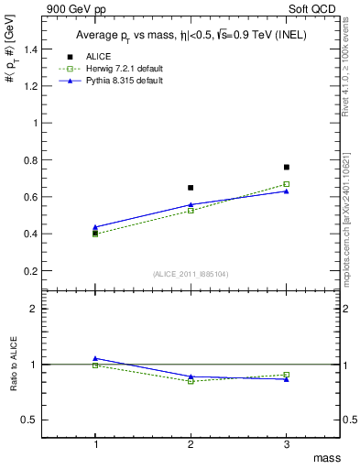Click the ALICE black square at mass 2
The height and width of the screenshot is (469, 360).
tap(191, 188)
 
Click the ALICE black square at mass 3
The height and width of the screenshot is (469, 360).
tap(287, 167)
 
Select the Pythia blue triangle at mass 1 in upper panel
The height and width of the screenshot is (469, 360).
tap(95, 226)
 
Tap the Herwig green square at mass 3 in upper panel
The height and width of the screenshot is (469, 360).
tap(287, 184)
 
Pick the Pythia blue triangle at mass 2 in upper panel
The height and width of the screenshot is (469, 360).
tap(191, 204)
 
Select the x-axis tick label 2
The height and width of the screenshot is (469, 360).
tap(191, 442)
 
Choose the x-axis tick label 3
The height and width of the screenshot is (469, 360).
tap(287, 442)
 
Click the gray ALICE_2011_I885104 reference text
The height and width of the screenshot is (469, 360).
tap(191, 274)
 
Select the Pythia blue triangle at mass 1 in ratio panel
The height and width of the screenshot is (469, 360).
tap(95, 358)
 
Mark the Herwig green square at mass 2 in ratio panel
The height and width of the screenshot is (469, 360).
tap(191, 381)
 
